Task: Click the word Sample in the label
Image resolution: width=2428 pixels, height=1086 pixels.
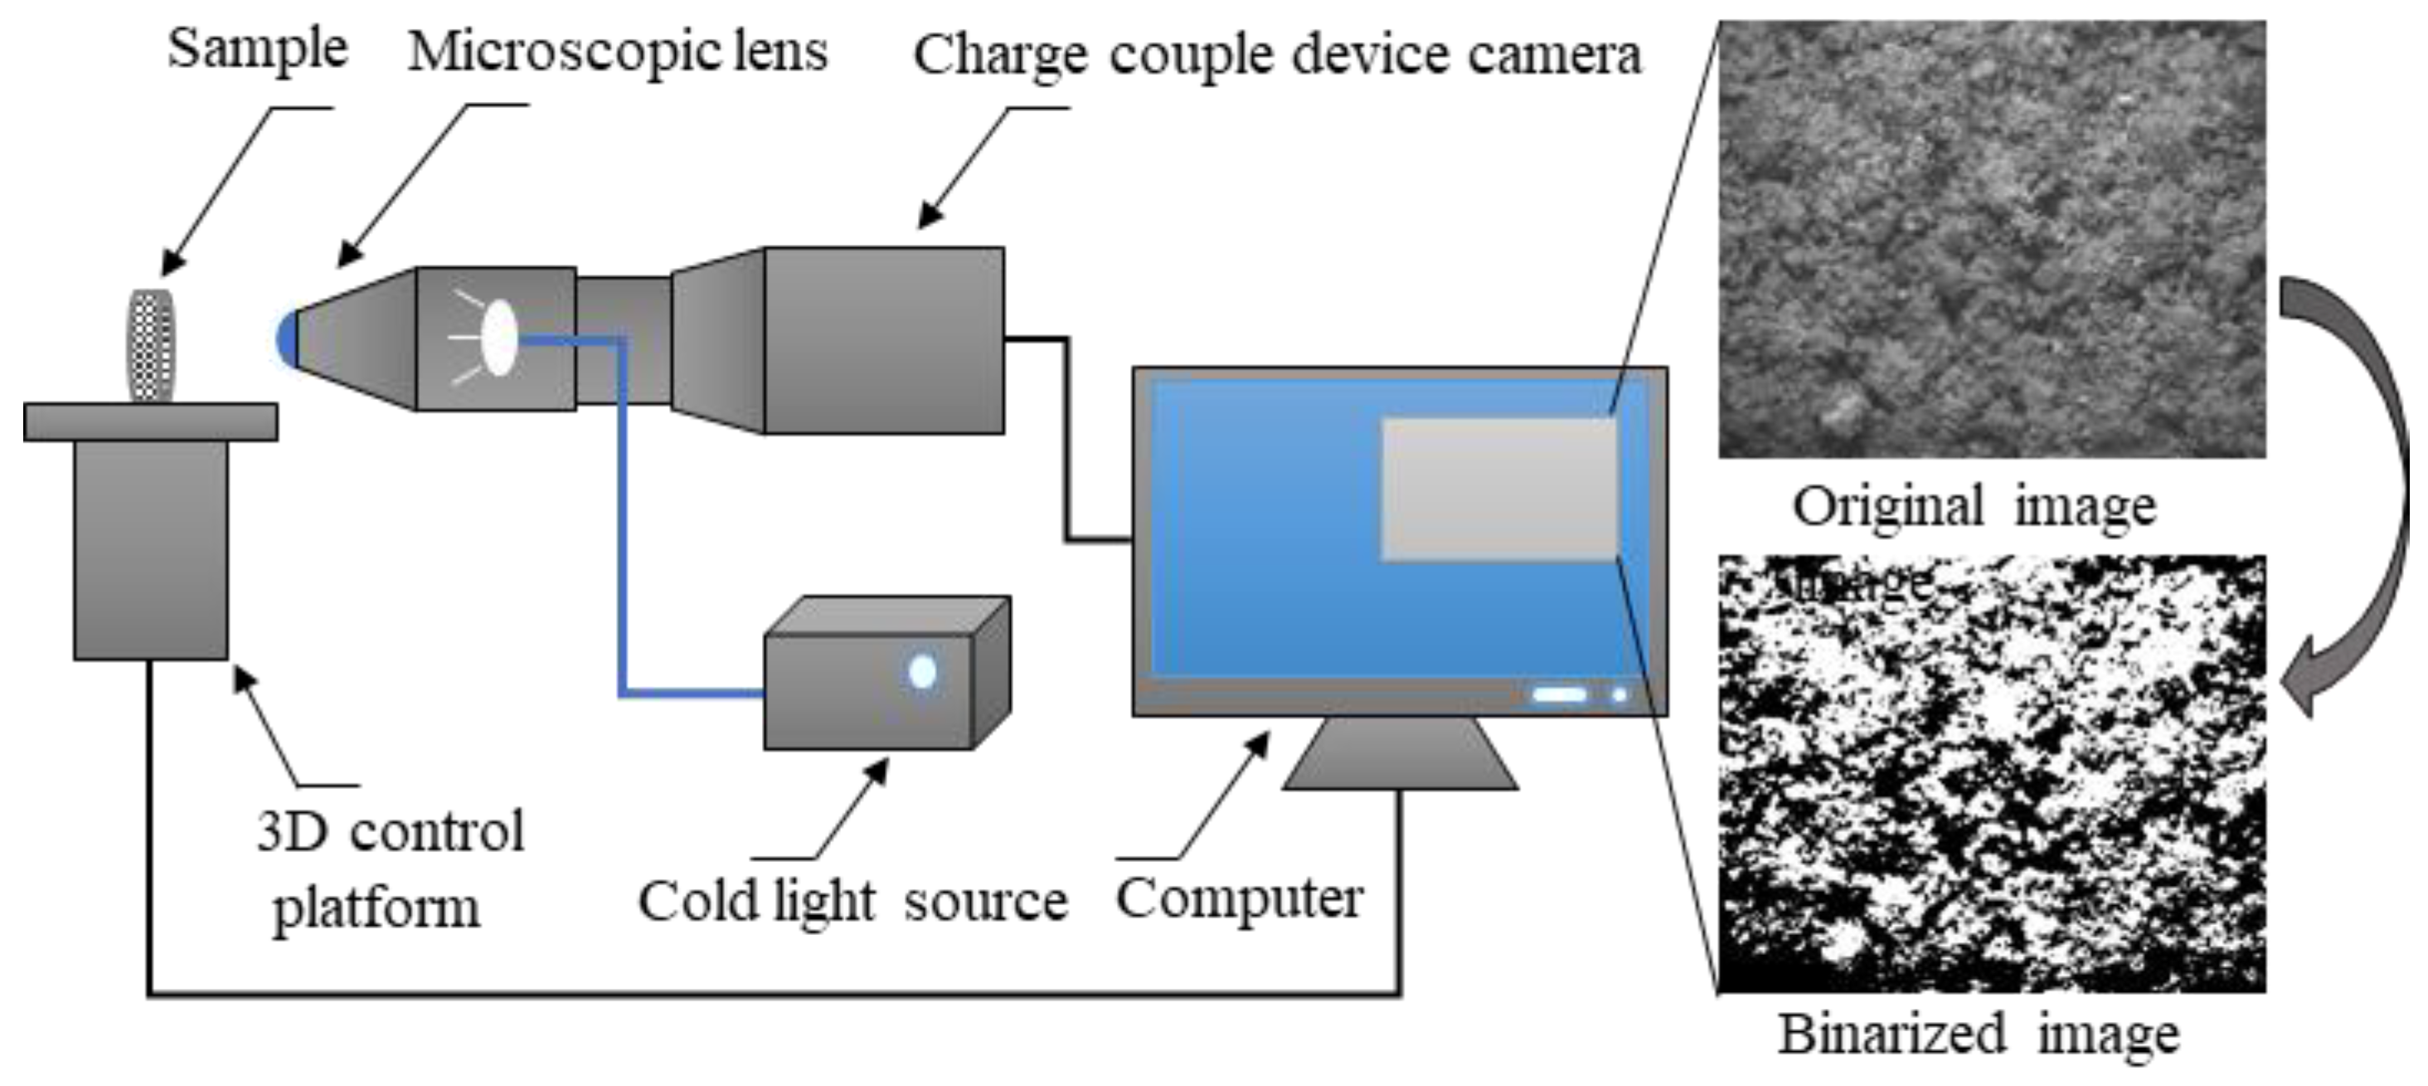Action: [x=257, y=49]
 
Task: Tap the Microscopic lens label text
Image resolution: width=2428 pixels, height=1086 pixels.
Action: [x=618, y=51]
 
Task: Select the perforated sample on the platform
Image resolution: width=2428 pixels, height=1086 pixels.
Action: [x=152, y=345]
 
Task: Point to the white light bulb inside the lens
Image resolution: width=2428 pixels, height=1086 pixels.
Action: [x=498, y=337]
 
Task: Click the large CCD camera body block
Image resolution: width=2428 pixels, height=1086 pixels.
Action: [x=883, y=340]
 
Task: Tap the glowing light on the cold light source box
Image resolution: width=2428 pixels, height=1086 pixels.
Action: [x=922, y=672]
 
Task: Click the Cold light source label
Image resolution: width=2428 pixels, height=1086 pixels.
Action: [x=852, y=901]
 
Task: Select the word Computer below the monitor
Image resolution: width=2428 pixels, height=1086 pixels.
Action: [x=1240, y=898]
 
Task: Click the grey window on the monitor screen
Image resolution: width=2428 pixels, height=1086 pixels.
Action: [x=1498, y=490]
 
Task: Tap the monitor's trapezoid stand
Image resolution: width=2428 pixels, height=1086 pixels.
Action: [x=1400, y=755]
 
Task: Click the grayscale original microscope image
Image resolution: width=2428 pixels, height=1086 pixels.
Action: [x=1991, y=240]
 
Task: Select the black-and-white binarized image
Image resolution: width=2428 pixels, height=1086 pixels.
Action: [x=1991, y=773]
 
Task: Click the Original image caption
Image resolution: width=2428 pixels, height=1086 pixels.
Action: [x=1974, y=507]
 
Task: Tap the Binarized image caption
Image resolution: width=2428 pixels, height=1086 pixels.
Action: [x=1978, y=1035]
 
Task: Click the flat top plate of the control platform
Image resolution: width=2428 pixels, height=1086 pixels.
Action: [x=151, y=421]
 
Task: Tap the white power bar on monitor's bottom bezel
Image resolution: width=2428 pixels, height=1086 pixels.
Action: [x=1559, y=694]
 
